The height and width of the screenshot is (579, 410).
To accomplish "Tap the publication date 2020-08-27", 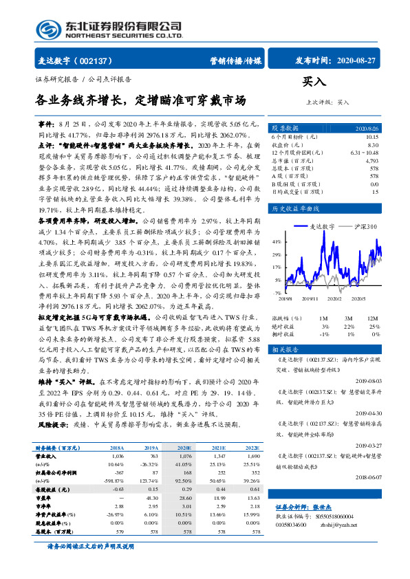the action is coord(357,61).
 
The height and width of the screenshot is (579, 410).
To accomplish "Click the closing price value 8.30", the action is coord(374,145).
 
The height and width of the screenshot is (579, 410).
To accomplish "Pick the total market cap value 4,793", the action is coord(372,160).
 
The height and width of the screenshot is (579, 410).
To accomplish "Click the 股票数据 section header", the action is coord(285,129).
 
